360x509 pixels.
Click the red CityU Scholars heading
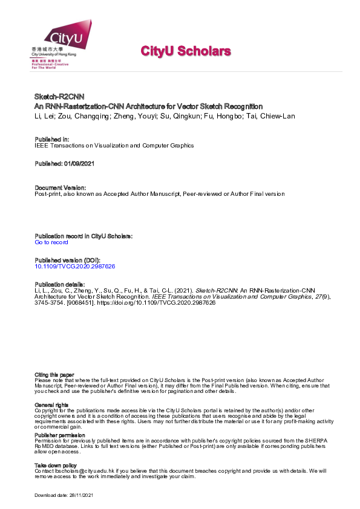coord(186,51)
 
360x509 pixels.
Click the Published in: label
coord(51,139)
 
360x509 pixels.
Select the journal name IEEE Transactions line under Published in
coord(114,146)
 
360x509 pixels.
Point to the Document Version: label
coord(60,187)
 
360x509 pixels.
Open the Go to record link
coord(51,242)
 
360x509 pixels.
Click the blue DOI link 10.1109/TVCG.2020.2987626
coord(75,266)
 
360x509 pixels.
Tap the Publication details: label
coord(60,284)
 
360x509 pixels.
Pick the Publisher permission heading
coord(60,435)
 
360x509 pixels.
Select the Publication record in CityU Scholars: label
coord(83,236)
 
